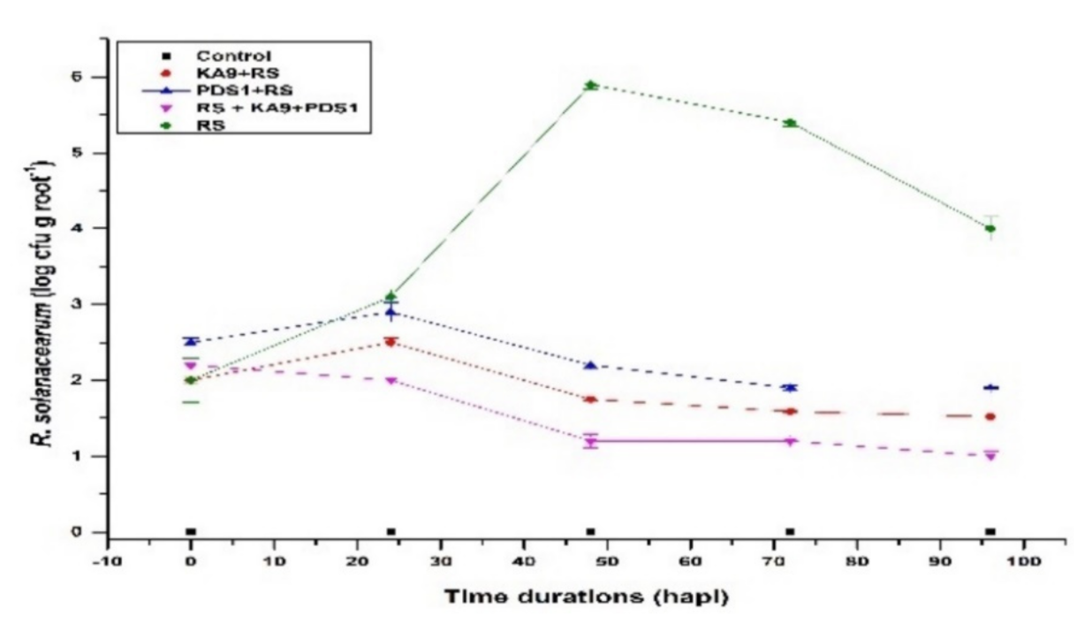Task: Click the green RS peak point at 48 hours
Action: point(591,86)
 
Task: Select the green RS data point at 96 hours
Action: point(990,229)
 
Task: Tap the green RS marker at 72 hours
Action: point(791,123)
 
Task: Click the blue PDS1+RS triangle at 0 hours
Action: point(191,341)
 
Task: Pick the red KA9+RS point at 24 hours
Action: point(391,342)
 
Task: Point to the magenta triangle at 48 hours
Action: point(591,442)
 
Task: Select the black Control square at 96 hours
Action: point(990,532)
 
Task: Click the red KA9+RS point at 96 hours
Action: point(990,416)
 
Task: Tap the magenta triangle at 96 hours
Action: point(990,456)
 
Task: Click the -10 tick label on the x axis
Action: point(107,560)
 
